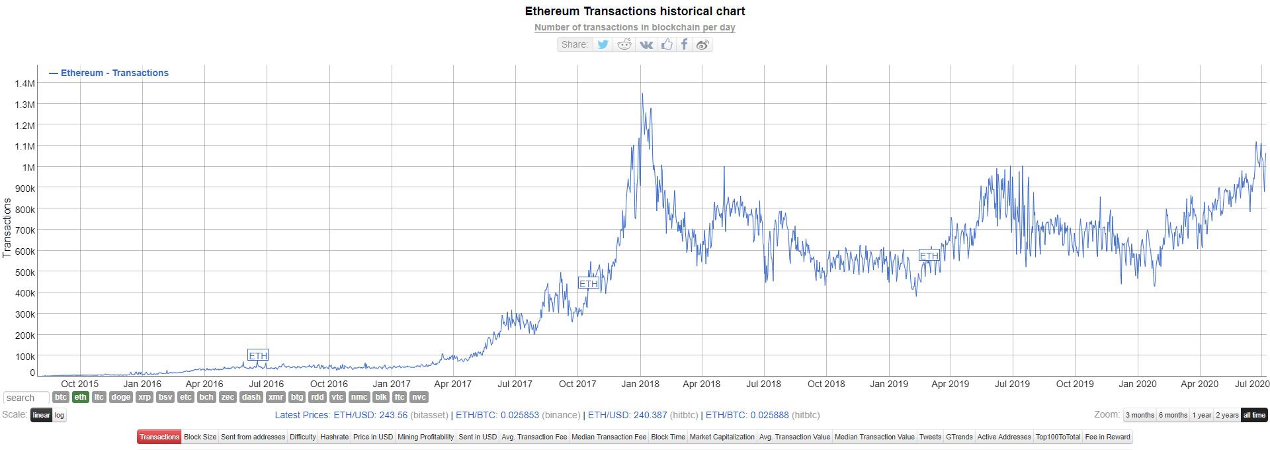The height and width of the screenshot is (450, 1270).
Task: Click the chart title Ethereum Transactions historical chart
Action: [x=635, y=11]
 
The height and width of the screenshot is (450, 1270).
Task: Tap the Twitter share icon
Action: [x=603, y=44]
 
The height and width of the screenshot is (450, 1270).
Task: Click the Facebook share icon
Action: [x=685, y=44]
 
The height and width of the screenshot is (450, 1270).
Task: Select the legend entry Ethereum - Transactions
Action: [x=109, y=73]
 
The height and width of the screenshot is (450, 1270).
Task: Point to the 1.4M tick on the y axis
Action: [x=24, y=83]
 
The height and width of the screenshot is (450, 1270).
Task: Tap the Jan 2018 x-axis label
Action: [x=640, y=384]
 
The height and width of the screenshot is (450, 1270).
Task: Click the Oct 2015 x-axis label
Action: [x=79, y=384]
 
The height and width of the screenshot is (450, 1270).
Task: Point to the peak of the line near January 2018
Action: [x=642, y=94]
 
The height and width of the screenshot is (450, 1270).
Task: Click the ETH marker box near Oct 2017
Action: [x=588, y=283]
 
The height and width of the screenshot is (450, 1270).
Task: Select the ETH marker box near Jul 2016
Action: [x=258, y=355]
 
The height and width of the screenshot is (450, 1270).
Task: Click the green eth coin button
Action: [x=80, y=397]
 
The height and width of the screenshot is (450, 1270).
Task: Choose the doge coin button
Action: [x=120, y=397]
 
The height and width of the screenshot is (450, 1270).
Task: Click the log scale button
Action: [x=60, y=415]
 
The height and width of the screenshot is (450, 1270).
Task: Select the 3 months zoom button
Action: [x=1140, y=415]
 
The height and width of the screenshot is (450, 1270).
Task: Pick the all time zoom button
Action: [x=1253, y=415]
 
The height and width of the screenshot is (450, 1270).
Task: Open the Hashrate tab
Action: [x=334, y=437]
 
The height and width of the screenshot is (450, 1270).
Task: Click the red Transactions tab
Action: [x=159, y=437]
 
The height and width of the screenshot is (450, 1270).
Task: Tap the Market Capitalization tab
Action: [x=722, y=437]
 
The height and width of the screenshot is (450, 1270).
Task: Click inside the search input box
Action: [x=26, y=398]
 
